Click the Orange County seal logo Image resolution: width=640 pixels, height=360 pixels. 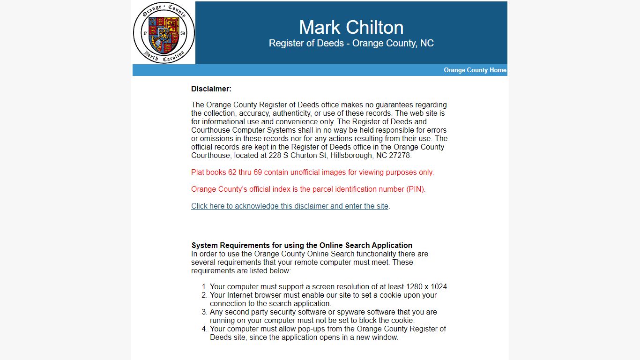(x=164, y=33)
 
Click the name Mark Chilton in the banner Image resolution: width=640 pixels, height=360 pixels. (x=351, y=27)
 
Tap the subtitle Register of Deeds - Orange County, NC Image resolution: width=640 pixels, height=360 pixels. (x=351, y=44)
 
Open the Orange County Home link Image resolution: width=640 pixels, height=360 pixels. (x=475, y=70)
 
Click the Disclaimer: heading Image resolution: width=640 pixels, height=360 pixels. (x=211, y=89)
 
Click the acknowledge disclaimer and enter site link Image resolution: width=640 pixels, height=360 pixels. (x=290, y=206)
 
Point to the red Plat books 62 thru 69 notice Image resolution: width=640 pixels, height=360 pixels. (x=313, y=172)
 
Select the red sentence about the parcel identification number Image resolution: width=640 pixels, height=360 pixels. (x=308, y=189)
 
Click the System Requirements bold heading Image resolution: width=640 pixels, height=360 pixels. (x=302, y=246)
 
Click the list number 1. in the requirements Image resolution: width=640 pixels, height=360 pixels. (x=204, y=287)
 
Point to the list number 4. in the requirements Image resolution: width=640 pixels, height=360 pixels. (x=204, y=329)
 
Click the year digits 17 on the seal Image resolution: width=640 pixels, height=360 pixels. (x=145, y=33)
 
